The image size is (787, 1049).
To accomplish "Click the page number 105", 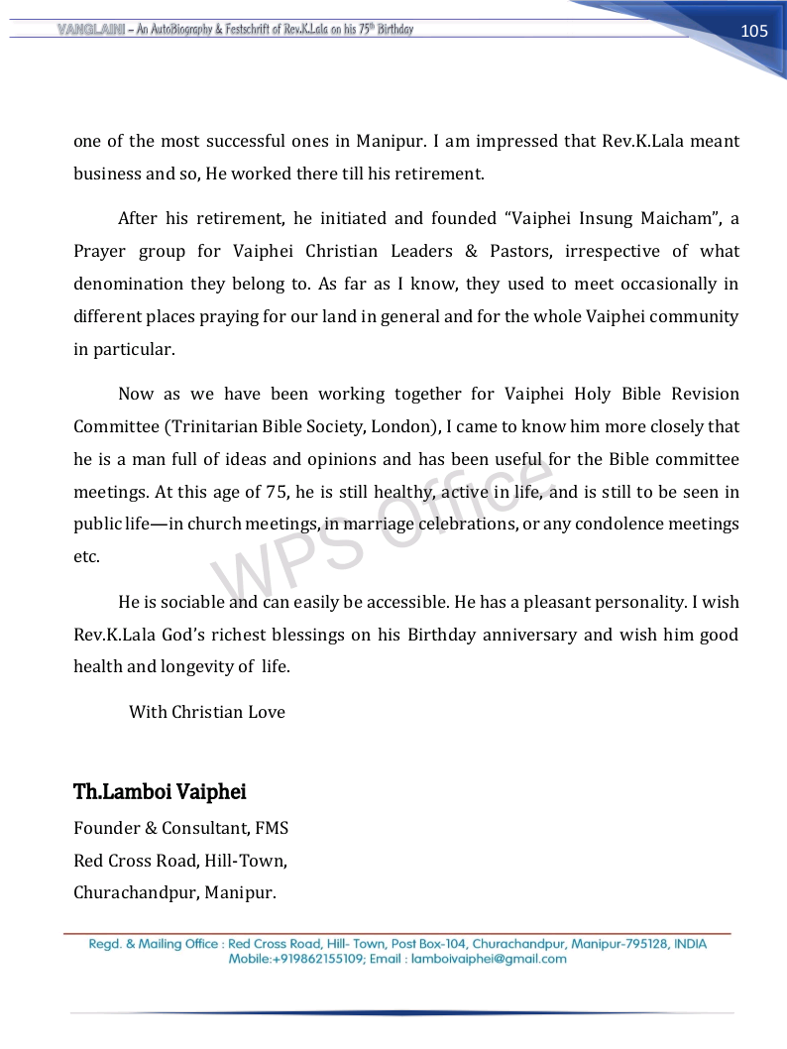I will click(754, 31).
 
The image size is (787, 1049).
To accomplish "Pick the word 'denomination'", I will click(124, 284).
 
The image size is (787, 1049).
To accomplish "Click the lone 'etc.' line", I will click(86, 556).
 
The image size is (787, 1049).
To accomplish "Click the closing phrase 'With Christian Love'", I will click(207, 712).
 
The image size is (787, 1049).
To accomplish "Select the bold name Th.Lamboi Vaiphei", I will click(160, 792).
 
